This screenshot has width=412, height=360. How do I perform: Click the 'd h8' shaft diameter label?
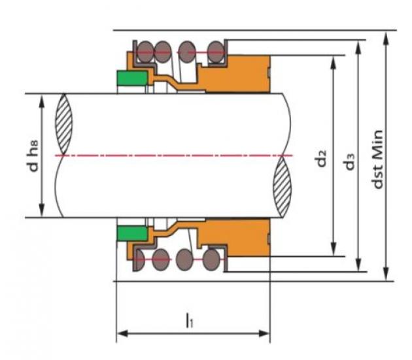coord(34,156)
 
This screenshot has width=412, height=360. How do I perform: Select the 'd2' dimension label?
coord(322,158)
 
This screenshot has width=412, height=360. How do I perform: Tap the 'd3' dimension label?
coord(350,161)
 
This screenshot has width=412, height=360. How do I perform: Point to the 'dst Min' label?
coord(377,159)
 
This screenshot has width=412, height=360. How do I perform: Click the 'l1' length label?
coord(189,320)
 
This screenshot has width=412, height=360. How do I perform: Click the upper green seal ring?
coord(132,78)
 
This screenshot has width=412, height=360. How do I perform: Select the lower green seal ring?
coord(132,233)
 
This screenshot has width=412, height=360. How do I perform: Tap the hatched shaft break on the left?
coord(64,124)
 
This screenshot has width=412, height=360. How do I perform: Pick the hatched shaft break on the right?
coord(283,186)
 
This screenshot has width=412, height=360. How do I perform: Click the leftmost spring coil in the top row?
coord(145,52)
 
